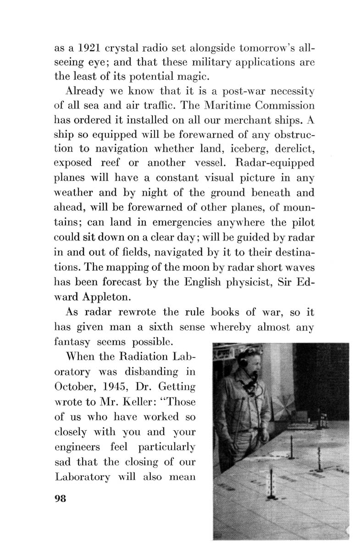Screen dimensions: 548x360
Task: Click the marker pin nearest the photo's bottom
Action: (272, 481)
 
